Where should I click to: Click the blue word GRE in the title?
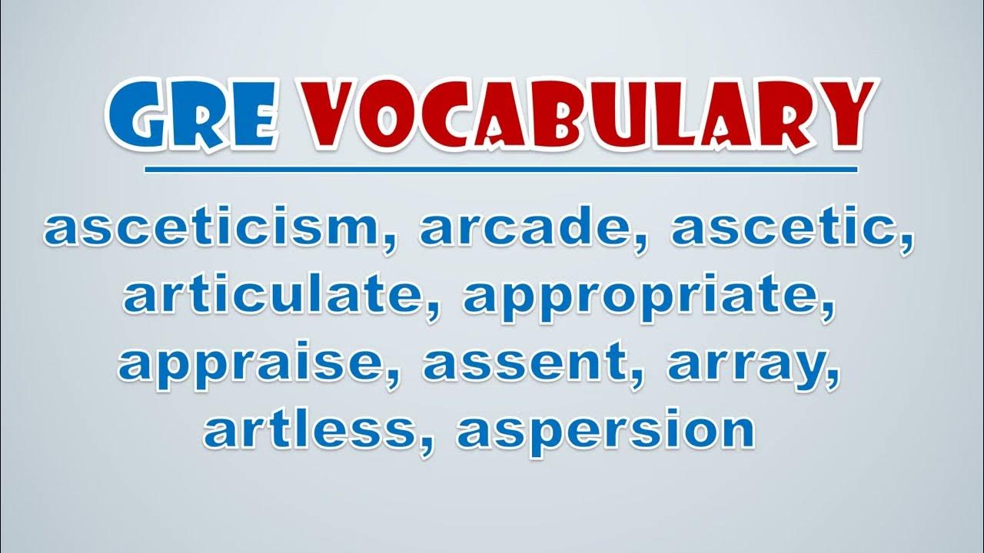click(x=192, y=115)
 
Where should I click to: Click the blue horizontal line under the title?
click(x=500, y=170)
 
